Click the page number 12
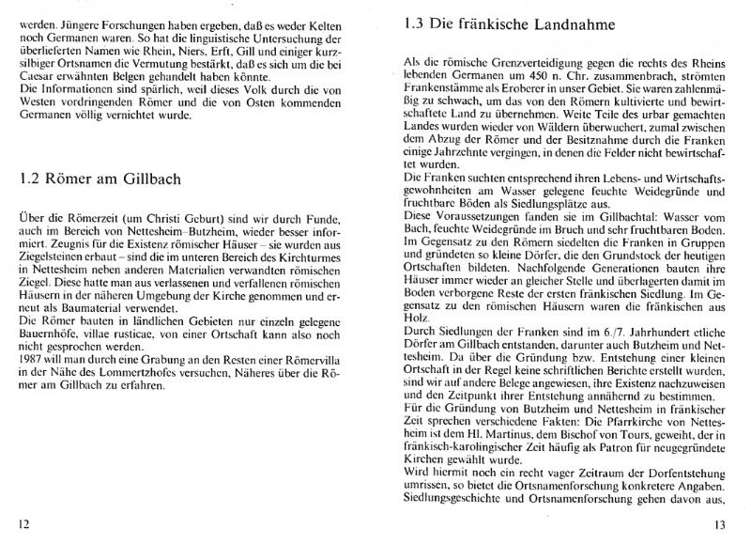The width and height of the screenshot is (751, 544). (x=25, y=523)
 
